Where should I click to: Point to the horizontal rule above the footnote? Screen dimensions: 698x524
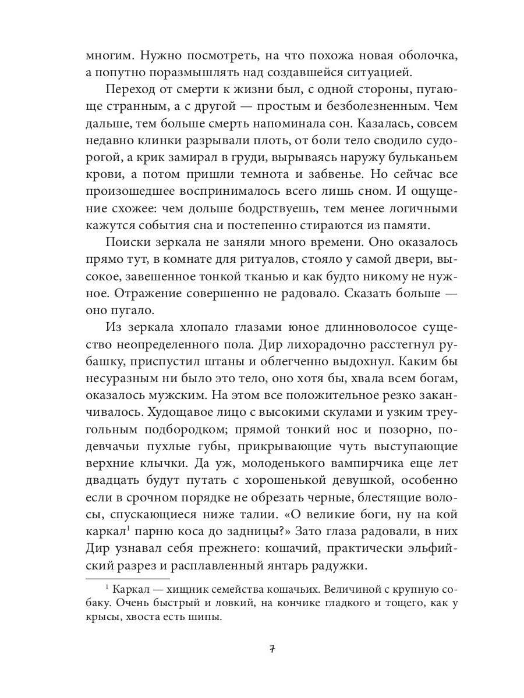pos(128,579)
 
